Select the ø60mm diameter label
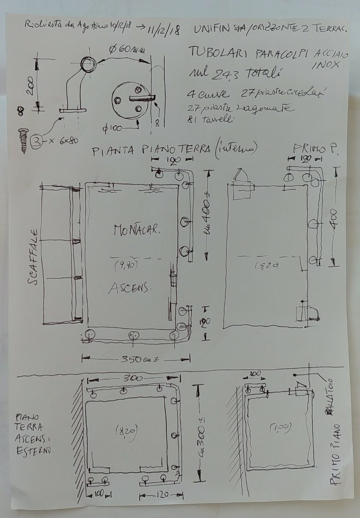[x=127, y=50]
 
